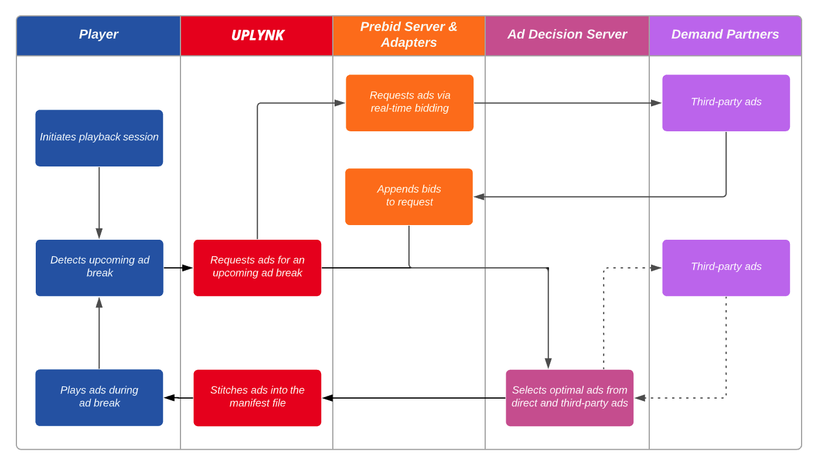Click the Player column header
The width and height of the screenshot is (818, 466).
pos(98,35)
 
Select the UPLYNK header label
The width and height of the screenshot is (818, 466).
pos(258,35)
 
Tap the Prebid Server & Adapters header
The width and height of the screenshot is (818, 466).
pos(408,35)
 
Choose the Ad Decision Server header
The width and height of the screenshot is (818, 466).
pos(567,35)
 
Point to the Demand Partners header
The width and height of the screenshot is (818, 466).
pos(725,35)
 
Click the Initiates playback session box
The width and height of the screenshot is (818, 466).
pos(99,138)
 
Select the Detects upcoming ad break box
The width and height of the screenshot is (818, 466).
pos(100,268)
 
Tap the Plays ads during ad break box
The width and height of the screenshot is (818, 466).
pos(99,397)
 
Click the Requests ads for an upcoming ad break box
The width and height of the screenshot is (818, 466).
pos(257,268)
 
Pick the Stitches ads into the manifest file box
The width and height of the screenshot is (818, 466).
pos(257,397)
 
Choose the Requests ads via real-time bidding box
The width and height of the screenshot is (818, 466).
pos(410,103)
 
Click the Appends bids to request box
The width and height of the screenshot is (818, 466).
pos(409,196)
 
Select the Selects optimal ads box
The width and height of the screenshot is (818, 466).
pos(570,397)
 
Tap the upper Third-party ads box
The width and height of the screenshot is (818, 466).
pos(726,103)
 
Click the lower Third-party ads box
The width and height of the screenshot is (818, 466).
pos(726,268)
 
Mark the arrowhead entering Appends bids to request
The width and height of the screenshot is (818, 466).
pos(479,197)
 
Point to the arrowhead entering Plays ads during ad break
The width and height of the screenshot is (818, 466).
pos(169,397)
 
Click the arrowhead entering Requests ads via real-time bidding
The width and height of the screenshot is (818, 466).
pos(340,103)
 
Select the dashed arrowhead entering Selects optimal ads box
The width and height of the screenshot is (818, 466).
pos(640,397)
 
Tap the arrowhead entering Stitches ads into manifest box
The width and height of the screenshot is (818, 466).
pos(328,397)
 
